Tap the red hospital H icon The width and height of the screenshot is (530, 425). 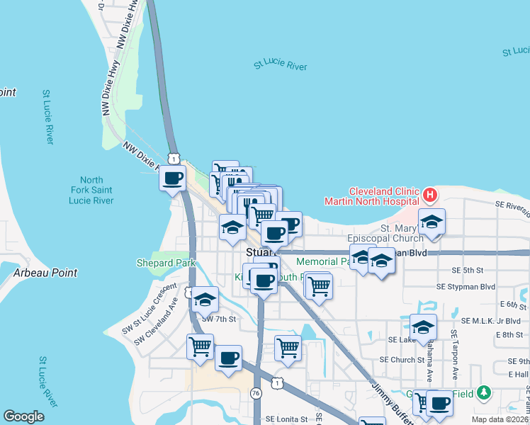429,194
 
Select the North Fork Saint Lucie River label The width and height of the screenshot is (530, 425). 91,191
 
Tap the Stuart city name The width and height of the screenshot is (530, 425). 259,252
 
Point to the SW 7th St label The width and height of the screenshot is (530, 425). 218,319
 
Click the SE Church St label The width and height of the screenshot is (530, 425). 401,359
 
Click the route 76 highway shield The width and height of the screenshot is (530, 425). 256,392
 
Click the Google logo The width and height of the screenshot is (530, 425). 23,416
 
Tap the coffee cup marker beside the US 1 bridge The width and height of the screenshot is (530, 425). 172,178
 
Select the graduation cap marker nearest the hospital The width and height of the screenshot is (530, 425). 431,222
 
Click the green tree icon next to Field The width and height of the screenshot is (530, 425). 484,392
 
